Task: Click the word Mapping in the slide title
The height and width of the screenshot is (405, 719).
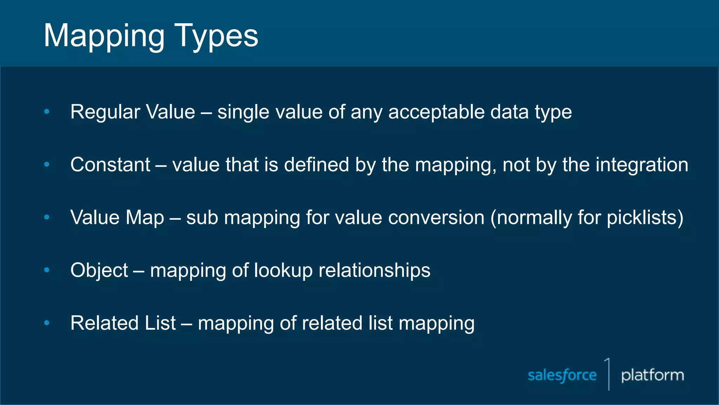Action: [104, 36]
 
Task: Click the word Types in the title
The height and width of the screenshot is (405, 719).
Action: [216, 36]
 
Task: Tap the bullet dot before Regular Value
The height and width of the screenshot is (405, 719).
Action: [47, 112]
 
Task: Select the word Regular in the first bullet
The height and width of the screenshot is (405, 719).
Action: [105, 112]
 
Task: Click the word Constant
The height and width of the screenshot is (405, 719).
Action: [110, 165]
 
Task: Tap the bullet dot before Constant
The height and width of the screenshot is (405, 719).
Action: [47, 165]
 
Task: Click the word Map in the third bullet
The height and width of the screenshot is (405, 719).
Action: [145, 218]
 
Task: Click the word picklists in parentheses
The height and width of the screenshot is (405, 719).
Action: [641, 218]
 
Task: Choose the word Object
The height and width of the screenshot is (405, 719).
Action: [99, 270]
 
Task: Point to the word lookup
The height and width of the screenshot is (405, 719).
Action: [283, 270]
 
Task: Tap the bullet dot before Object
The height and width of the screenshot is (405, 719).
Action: [47, 270]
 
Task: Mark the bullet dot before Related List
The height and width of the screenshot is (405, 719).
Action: [47, 323]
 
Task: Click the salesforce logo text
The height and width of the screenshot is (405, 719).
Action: [562, 375]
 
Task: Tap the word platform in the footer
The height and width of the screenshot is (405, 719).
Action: [653, 375]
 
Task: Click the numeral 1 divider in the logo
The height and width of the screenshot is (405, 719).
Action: [608, 374]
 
